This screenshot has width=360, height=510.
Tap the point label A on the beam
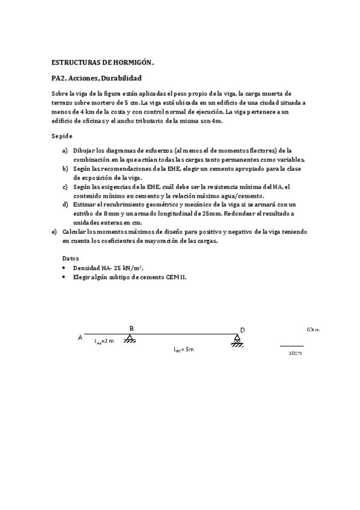pyautogui.click(x=80, y=337)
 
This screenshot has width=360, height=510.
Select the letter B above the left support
pyautogui.click(x=132, y=328)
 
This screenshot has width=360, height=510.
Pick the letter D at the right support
pyautogui.click(x=242, y=330)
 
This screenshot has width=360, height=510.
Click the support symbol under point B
pyautogui.click(x=130, y=340)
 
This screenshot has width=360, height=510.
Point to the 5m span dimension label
pyautogui.click(x=184, y=349)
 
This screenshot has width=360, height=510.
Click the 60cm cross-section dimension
pyautogui.click(x=313, y=330)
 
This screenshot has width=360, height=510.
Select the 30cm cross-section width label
pyautogui.click(x=294, y=353)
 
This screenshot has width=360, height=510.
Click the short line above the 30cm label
pyautogui.click(x=291, y=346)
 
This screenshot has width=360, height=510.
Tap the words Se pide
pyautogui.click(x=63, y=137)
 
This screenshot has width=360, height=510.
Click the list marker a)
pyautogui.click(x=65, y=150)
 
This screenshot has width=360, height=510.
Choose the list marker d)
pyautogui.click(x=65, y=204)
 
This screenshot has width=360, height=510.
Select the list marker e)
pyautogui.click(x=55, y=232)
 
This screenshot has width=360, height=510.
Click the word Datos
pyautogui.click(x=70, y=258)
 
